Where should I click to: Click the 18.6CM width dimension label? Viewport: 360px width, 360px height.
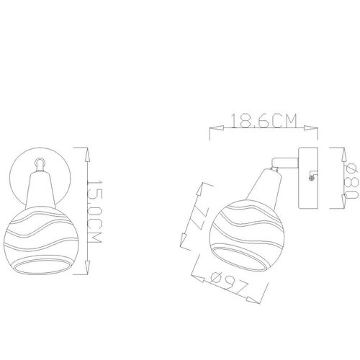point(264,120)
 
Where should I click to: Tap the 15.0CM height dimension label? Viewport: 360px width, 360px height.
point(94,211)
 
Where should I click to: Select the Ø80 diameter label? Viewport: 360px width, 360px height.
point(351,181)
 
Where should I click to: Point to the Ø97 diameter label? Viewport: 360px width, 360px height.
point(229,284)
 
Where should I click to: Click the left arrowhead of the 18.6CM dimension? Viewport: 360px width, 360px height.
point(217,128)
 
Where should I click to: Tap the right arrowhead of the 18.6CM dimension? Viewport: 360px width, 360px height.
point(311,128)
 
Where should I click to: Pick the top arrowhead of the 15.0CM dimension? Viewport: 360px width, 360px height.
point(87,154)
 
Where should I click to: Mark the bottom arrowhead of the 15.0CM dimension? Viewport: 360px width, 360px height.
point(87,267)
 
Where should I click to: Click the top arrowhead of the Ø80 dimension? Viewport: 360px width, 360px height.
point(344,154)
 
